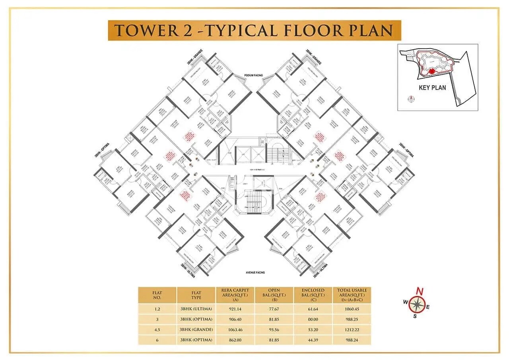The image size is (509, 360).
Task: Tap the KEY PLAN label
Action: pyautogui.click(x=433, y=88)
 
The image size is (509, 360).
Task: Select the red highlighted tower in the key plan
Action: pyautogui.click(x=431, y=71)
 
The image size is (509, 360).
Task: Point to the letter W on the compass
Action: pyautogui.click(x=405, y=302)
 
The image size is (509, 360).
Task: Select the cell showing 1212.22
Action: pyautogui.click(x=352, y=329)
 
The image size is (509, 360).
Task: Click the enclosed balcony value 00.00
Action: pyautogui.click(x=313, y=319)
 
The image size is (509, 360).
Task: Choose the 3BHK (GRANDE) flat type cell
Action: pyautogui.click(x=196, y=329)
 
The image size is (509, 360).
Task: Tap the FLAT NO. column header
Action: pyautogui.click(x=157, y=295)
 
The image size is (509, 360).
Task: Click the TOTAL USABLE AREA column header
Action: pyautogui.click(x=352, y=295)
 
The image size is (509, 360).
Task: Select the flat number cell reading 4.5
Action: pyautogui.click(x=157, y=329)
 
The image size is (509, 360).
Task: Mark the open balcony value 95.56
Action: pyautogui.click(x=274, y=329)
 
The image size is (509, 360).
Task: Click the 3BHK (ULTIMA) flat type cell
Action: pyautogui.click(x=196, y=309)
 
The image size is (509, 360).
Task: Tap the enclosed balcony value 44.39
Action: pyautogui.click(x=313, y=340)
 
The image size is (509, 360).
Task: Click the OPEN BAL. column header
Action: pyautogui.click(x=274, y=295)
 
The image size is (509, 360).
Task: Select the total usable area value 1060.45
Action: pyautogui.click(x=352, y=309)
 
